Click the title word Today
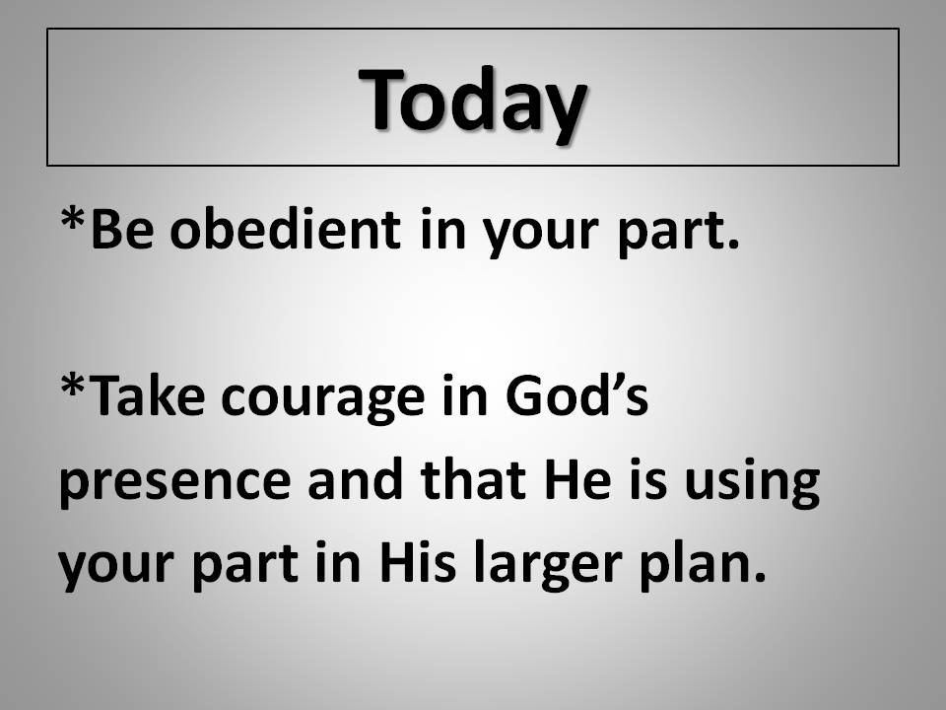pos(472,101)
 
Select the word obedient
pos(285,229)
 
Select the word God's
pos(576,395)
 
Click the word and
pos(355,478)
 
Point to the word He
pos(578,479)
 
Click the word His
pos(417,561)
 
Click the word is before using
pos(648,478)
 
